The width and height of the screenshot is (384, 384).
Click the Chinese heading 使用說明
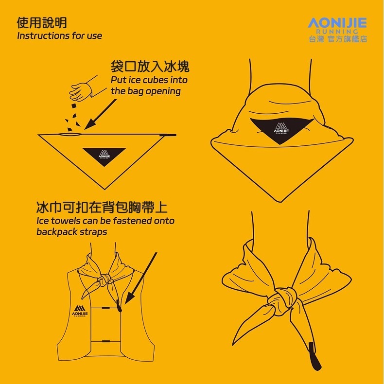coord(41,23)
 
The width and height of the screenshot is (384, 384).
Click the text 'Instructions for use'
coord(59,36)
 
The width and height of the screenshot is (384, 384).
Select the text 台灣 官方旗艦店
coord(337,39)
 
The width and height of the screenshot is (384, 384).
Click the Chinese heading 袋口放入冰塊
coord(150,67)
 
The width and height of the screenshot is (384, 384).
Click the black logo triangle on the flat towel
coord(105,156)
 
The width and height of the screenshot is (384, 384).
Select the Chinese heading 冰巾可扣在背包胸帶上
coord(102,208)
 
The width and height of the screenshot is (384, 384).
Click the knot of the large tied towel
coord(284,298)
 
